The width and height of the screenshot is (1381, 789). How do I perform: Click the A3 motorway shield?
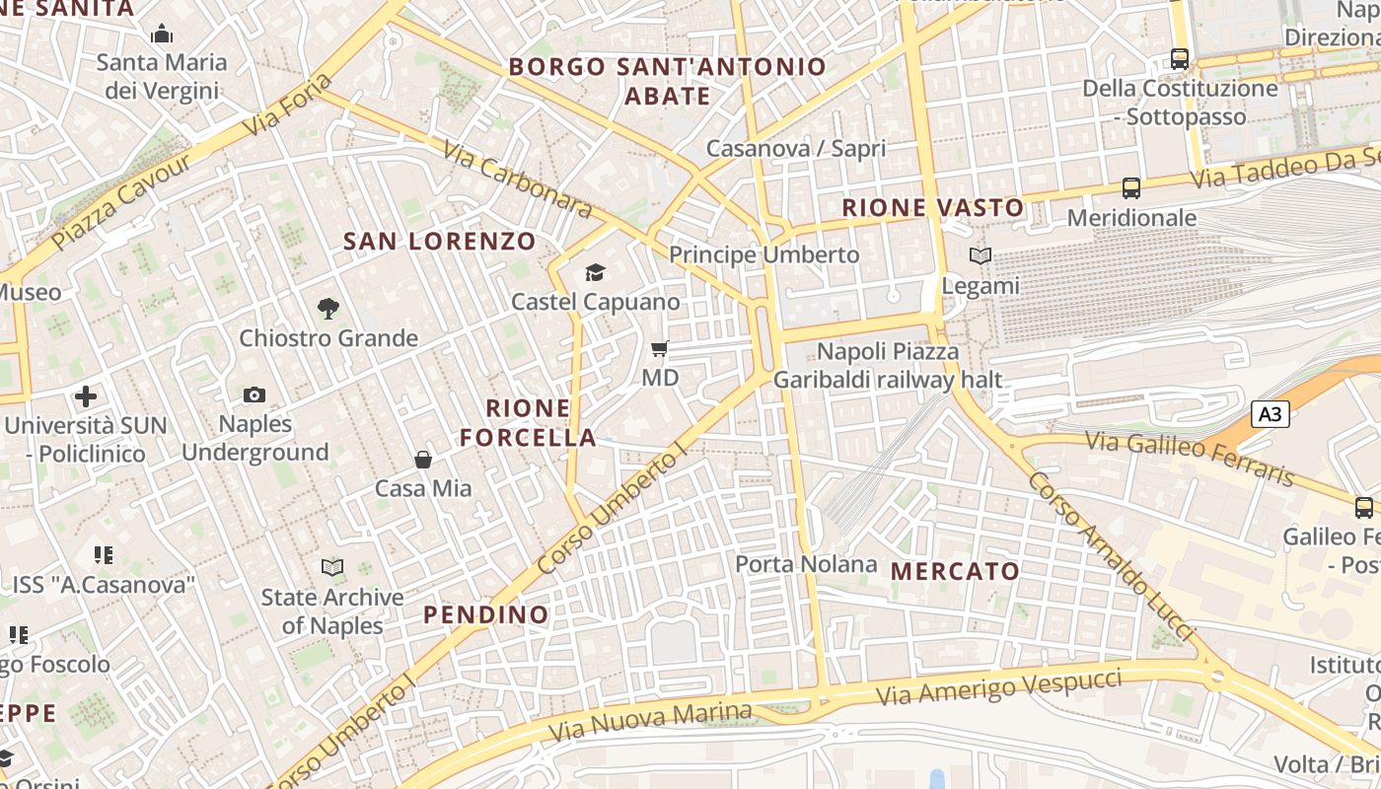[x=1271, y=414]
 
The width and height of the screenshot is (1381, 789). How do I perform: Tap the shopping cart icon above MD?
[x=660, y=348]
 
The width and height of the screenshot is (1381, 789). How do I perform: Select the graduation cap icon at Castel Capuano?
[x=595, y=272]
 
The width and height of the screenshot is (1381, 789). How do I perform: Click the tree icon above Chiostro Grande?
[x=328, y=309]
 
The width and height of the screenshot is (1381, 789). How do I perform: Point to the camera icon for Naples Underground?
[x=254, y=395]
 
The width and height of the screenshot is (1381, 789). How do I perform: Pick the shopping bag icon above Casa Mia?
[x=423, y=460]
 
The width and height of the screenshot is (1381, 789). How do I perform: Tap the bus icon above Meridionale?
[x=1131, y=187]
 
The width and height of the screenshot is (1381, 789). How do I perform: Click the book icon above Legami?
[x=980, y=256]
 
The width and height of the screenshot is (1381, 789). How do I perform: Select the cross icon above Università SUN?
[x=86, y=396]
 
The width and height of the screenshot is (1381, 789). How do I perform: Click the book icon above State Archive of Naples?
[x=332, y=567]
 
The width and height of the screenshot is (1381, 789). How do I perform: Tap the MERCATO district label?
[x=955, y=571]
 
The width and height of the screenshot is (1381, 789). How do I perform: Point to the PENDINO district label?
[x=485, y=614]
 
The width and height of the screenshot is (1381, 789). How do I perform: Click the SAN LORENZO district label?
[x=440, y=241]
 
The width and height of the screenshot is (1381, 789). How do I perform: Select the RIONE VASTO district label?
[x=932, y=207]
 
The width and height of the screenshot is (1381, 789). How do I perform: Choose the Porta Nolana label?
[x=806, y=564]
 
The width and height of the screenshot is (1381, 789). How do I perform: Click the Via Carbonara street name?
[x=517, y=179]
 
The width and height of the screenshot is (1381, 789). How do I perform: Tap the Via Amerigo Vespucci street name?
[x=999, y=686]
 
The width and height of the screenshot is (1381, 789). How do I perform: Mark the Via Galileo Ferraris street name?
[x=1190, y=458]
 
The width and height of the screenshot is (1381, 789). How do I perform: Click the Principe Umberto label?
[x=763, y=254]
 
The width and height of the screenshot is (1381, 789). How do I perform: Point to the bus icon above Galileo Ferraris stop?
[x=1364, y=508]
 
